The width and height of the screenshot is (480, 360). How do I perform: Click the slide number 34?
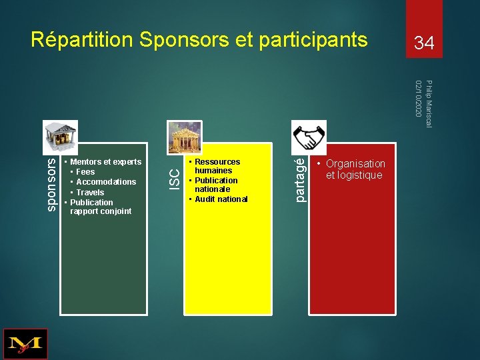tap(424, 44)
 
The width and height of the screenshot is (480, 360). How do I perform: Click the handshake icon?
tap(309, 137)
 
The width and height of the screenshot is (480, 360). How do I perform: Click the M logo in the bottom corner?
tap(25, 344)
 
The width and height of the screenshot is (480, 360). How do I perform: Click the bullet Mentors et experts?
tap(105, 162)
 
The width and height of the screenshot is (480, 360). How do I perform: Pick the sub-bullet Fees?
tap(85, 172)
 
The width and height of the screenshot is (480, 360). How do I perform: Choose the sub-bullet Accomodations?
tap(106, 182)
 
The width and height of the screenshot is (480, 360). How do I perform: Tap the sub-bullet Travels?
tap(90, 193)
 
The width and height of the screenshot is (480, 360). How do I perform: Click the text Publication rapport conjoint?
tap(100, 207)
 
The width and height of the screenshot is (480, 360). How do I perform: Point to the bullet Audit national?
tap(221, 199)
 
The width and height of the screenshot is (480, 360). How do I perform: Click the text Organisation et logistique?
tap(354, 169)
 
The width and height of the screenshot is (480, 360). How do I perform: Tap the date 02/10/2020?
tap(418, 99)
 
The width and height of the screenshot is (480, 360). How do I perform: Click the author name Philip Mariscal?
tap(429, 104)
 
